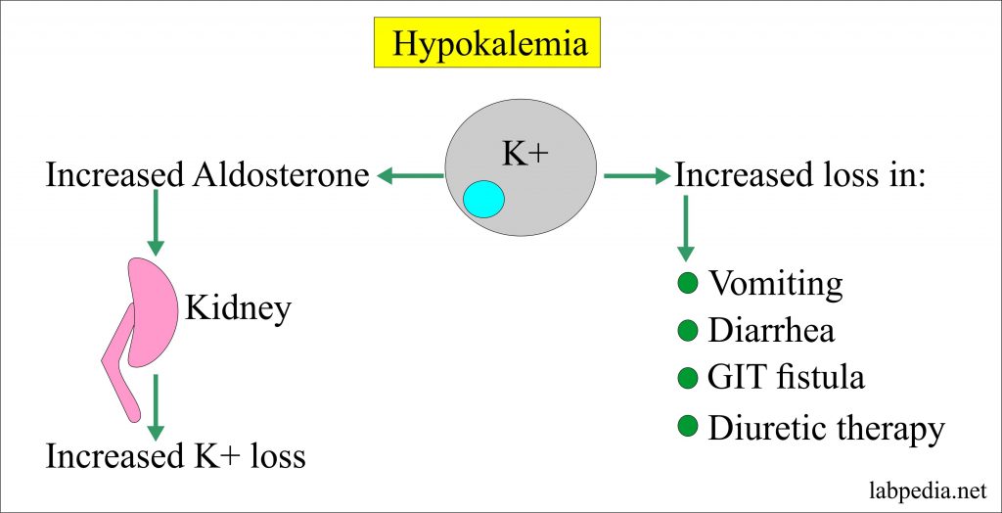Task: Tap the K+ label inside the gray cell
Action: pyautogui.click(x=526, y=154)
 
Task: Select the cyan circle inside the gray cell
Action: pyautogui.click(x=483, y=199)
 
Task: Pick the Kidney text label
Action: pyautogui.click(x=238, y=310)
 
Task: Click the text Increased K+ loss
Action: pyautogui.click(x=176, y=456)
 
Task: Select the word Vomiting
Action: pyautogui.click(x=776, y=285)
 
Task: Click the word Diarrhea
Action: pyautogui.click(x=772, y=331)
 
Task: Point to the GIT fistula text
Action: pyautogui.click(x=786, y=378)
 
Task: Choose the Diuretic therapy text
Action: pyautogui.click(x=826, y=429)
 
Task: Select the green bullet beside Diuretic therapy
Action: pyautogui.click(x=687, y=426)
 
